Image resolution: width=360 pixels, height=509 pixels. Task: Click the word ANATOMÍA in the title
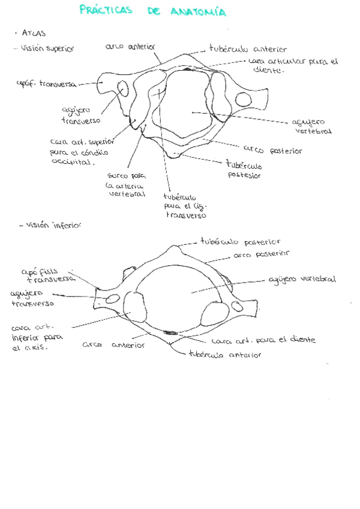point(198,12)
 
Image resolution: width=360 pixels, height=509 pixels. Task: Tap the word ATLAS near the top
point(34,34)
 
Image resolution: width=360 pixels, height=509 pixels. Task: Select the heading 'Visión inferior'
point(53,226)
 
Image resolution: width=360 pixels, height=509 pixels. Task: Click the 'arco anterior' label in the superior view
point(130,46)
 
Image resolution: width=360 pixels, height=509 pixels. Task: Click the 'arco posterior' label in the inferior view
point(260,254)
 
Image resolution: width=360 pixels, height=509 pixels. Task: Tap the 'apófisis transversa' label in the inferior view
point(48,274)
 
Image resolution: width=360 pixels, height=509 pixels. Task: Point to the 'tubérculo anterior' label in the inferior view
point(225,355)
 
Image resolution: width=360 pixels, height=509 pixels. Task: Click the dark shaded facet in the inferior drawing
point(170,332)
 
